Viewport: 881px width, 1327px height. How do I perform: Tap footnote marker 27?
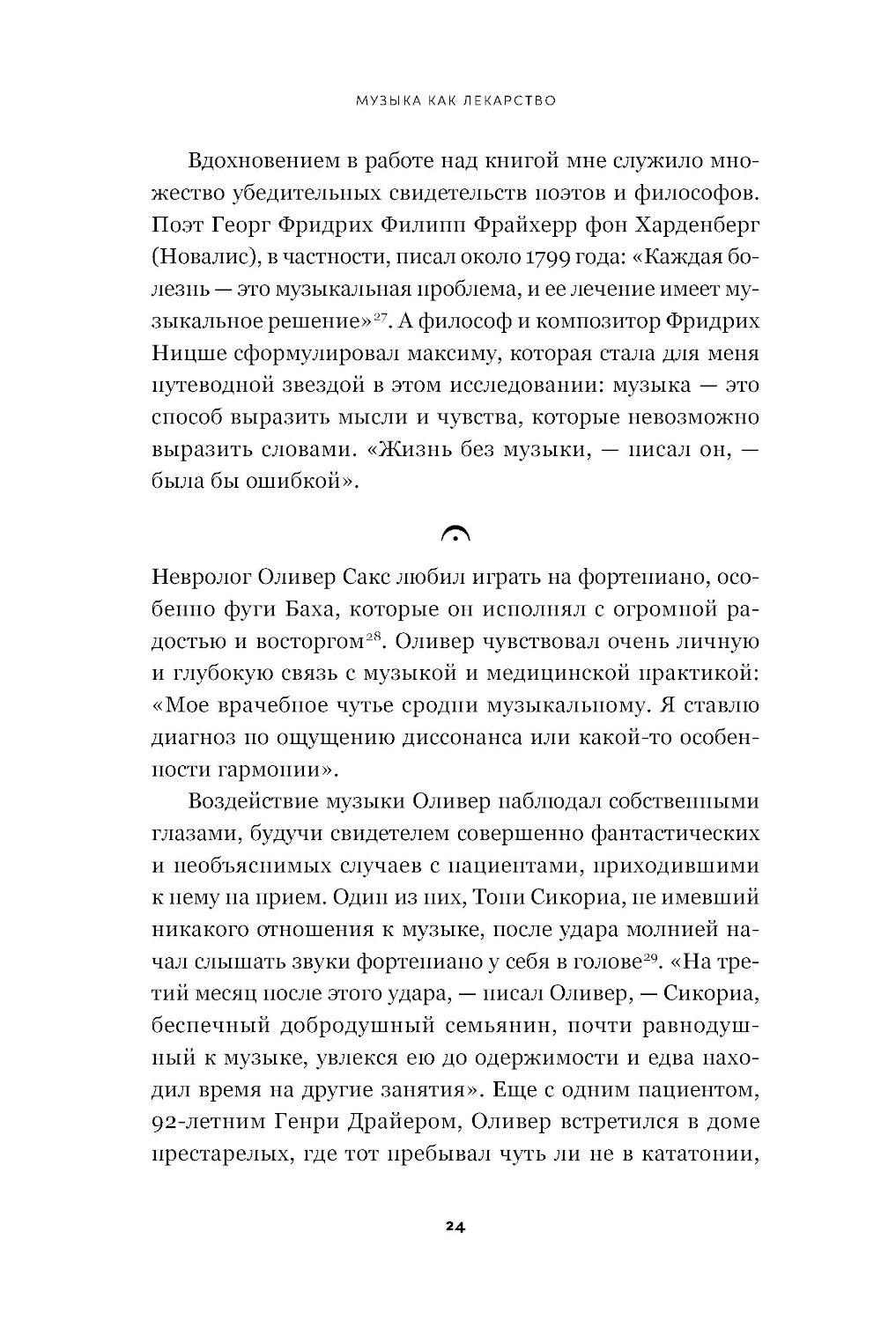tap(381, 317)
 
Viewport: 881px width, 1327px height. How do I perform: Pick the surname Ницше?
tap(187, 353)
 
